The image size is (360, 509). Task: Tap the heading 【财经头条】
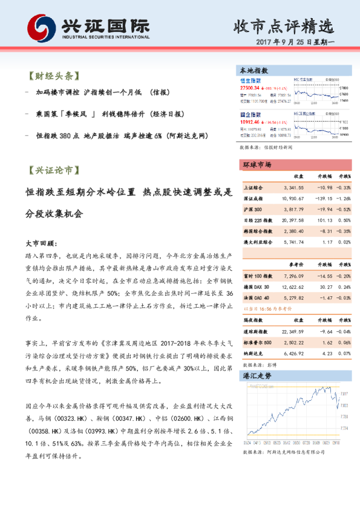pos(53,77)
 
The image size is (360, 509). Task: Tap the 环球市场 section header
pos(257,165)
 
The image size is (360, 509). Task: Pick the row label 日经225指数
pos(256,220)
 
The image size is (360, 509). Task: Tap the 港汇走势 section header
pos(257,375)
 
